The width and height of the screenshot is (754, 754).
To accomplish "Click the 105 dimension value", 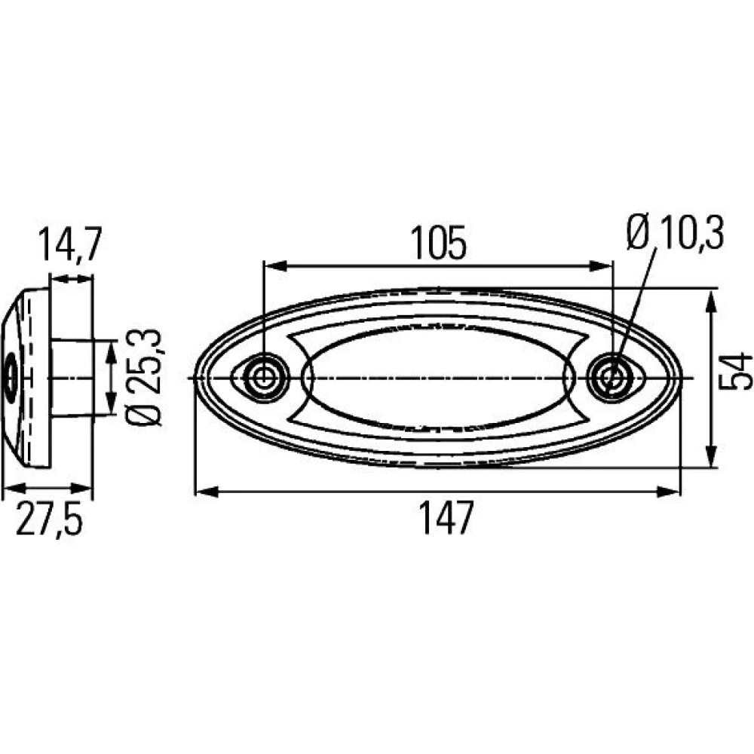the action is click(x=438, y=243).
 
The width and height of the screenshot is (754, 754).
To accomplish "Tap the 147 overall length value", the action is click(x=446, y=517).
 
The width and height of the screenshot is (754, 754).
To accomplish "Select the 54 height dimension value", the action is click(x=735, y=371).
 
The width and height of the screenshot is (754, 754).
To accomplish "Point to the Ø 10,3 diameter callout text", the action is click(x=675, y=232).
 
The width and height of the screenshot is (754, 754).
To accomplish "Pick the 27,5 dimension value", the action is click(x=49, y=518).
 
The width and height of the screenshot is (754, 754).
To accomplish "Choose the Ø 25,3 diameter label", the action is click(x=143, y=378).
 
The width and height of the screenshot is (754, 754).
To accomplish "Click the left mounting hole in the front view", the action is click(x=263, y=378).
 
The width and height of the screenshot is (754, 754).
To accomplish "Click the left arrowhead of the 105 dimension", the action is click(x=275, y=265).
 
